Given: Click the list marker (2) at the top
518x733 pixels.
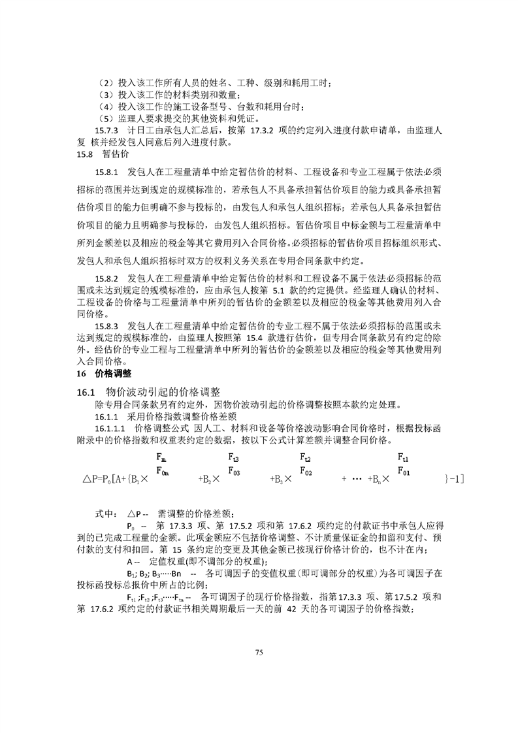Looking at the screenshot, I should coord(103,83).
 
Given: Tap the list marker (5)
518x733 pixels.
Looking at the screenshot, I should coord(103,118).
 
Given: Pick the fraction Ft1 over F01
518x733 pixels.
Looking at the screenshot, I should coord(404,463).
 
